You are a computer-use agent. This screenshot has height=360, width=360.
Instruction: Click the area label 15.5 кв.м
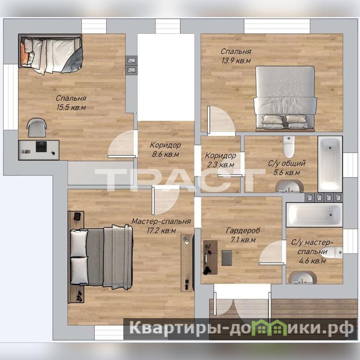click(x=71, y=107)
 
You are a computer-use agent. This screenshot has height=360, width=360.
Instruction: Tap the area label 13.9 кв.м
click(x=236, y=61)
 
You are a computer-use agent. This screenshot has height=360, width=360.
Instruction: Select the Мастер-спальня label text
click(x=161, y=221)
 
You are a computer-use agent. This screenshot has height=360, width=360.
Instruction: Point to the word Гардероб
click(x=243, y=230)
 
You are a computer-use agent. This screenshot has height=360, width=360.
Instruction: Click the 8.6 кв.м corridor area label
click(x=165, y=154)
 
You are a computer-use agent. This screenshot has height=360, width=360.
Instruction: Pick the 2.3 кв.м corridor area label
click(x=220, y=165)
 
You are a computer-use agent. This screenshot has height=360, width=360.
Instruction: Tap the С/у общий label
click(x=287, y=163)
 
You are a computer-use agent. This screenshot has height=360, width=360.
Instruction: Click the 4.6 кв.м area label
click(x=312, y=261)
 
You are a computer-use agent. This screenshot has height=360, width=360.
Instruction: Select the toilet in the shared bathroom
click(x=288, y=147)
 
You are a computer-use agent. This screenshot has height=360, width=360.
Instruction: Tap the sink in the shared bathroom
click(x=289, y=186)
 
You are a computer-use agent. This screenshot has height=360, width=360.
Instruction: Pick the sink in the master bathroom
click(x=302, y=277)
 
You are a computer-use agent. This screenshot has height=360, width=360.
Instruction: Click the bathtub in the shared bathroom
click(x=330, y=164)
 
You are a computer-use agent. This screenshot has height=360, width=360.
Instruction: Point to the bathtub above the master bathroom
click(x=314, y=215)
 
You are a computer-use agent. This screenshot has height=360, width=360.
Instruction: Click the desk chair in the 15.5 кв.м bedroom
click(x=37, y=127)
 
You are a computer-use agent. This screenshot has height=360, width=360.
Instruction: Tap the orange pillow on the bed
click(x=24, y=54)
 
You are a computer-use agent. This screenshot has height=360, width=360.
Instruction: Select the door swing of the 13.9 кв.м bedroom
click(x=221, y=120)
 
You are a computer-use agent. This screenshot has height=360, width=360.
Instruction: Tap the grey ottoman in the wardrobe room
click(x=227, y=258)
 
